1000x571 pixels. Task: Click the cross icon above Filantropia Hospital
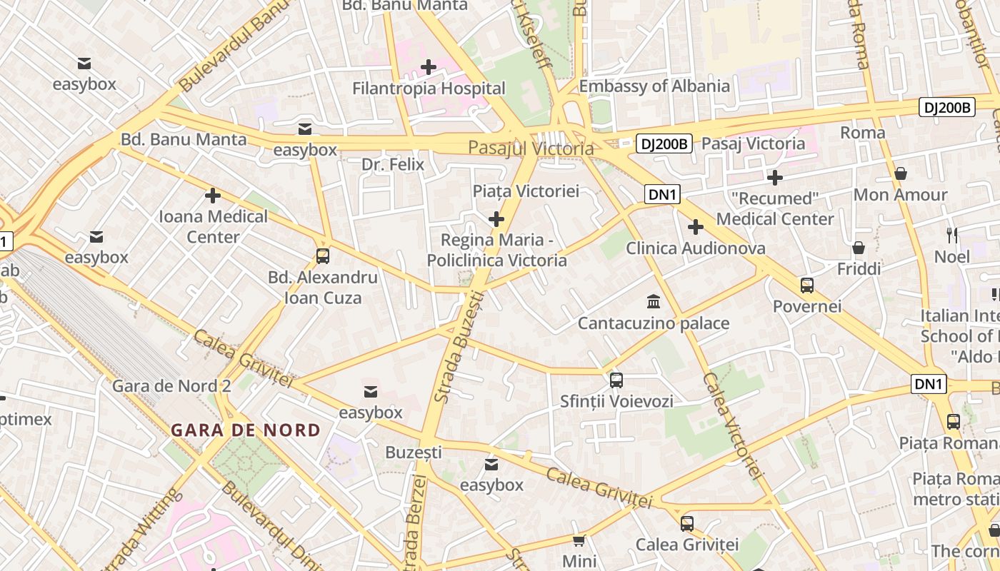pyautogui.click(x=429, y=67)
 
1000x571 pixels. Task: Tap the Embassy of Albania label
pyautogui.click(x=654, y=86)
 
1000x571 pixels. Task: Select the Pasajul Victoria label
pyautogui.click(x=531, y=148)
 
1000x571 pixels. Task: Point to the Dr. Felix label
pyautogui.click(x=393, y=164)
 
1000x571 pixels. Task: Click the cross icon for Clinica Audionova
pyautogui.click(x=695, y=227)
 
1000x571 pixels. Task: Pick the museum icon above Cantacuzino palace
pyautogui.click(x=653, y=301)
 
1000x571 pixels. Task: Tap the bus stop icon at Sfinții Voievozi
pyautogui.click(x=616, y=380)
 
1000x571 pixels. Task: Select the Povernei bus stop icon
pyautogui.click(x=807, y=285)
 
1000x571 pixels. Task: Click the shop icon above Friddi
pyautogui.click(x=859, y=248)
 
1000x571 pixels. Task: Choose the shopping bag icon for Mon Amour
pyautogui.click(x=901, y=173)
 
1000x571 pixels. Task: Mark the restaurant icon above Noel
pyautogui.click(x=951, y=235)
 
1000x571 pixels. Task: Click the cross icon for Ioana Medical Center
pyautogui.click(x=213, y=195)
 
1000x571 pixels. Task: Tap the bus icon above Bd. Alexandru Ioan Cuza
pyautogui.click(x=323, y=256)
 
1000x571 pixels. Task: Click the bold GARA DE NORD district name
pyautogui.click(x=246, y=430)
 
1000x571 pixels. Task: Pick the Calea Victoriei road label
pyautogui.click(x=730, y=425)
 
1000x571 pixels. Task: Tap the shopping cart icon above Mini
pyautogui.click(x=579, y=540)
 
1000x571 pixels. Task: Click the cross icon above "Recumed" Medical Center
pyautogui.click(x=775, y=177)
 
